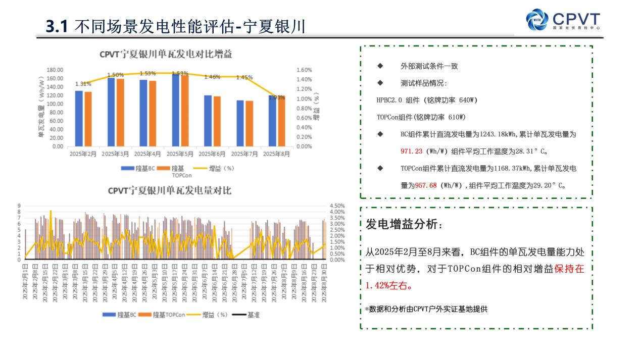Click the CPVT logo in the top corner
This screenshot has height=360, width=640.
(563, 20)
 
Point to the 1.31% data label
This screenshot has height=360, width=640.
(83, 84)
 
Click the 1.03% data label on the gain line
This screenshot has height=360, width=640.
(277, 97)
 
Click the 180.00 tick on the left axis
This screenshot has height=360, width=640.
(55, 70)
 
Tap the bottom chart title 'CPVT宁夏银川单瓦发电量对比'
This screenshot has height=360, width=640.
(169, 191)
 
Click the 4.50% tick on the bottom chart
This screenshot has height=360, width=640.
(336, 206)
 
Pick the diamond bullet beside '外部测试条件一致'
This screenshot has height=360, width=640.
(380, 66)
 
